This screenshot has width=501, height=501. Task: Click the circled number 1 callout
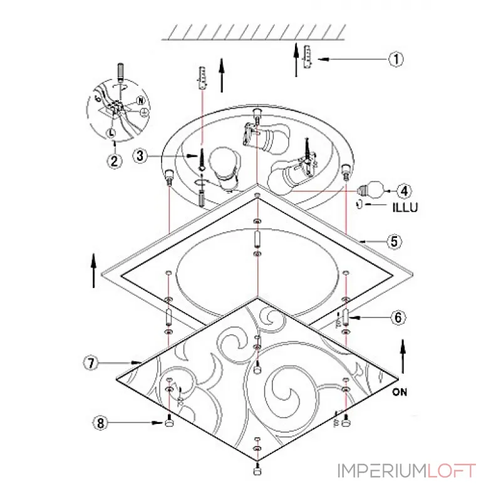click(x=396, y=59)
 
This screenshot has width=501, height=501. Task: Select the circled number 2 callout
click(x=115, y=160)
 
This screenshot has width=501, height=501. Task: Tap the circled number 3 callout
click(x=140, y=156)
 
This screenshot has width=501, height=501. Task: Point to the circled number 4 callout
click(x=404, y=191)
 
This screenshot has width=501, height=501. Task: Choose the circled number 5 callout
click(x=395, y=241)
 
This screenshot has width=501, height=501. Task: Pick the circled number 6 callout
click(x=398, y=318)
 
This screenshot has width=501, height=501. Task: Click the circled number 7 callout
click(x=91, y=363)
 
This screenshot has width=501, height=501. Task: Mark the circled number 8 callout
click(x=100, y=423)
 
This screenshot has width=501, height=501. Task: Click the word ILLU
click(x=405, y=208)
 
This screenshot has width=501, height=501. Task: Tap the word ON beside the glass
click(x=400, y=392)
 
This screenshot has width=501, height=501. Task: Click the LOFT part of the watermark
click(x=452, y=471)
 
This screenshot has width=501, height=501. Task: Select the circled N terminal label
click(x=140, y=101)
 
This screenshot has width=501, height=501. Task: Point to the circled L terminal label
click(x=111, y=132)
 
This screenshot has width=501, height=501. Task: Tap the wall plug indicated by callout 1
click(x=307, y=56)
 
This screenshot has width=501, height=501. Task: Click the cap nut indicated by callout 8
click(x=169, y=422)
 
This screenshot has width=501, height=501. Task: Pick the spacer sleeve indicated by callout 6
click(x=346, y=318)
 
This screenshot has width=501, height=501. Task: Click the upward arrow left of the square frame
click(x=93, y=271)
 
